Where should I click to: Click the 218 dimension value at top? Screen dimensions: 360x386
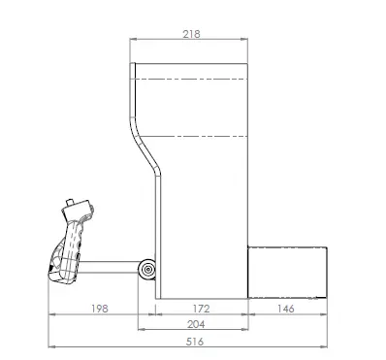191,34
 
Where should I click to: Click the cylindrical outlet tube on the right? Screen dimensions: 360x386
289,273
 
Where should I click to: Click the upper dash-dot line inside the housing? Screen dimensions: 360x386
191,76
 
